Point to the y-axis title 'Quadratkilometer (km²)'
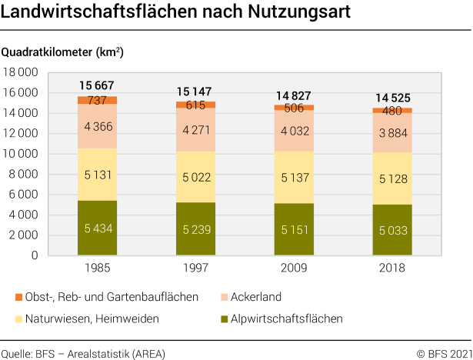point(62,53)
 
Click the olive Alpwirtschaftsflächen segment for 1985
point(98,228)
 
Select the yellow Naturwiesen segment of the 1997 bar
point(195,177)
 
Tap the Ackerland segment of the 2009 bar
point(294,132)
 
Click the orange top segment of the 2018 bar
point(392,111)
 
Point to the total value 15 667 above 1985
point(98,85)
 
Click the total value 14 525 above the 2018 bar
point(392,98)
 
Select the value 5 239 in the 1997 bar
point(195,229)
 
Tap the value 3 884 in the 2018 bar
point(392,132)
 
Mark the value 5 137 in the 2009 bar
point(294,177)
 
